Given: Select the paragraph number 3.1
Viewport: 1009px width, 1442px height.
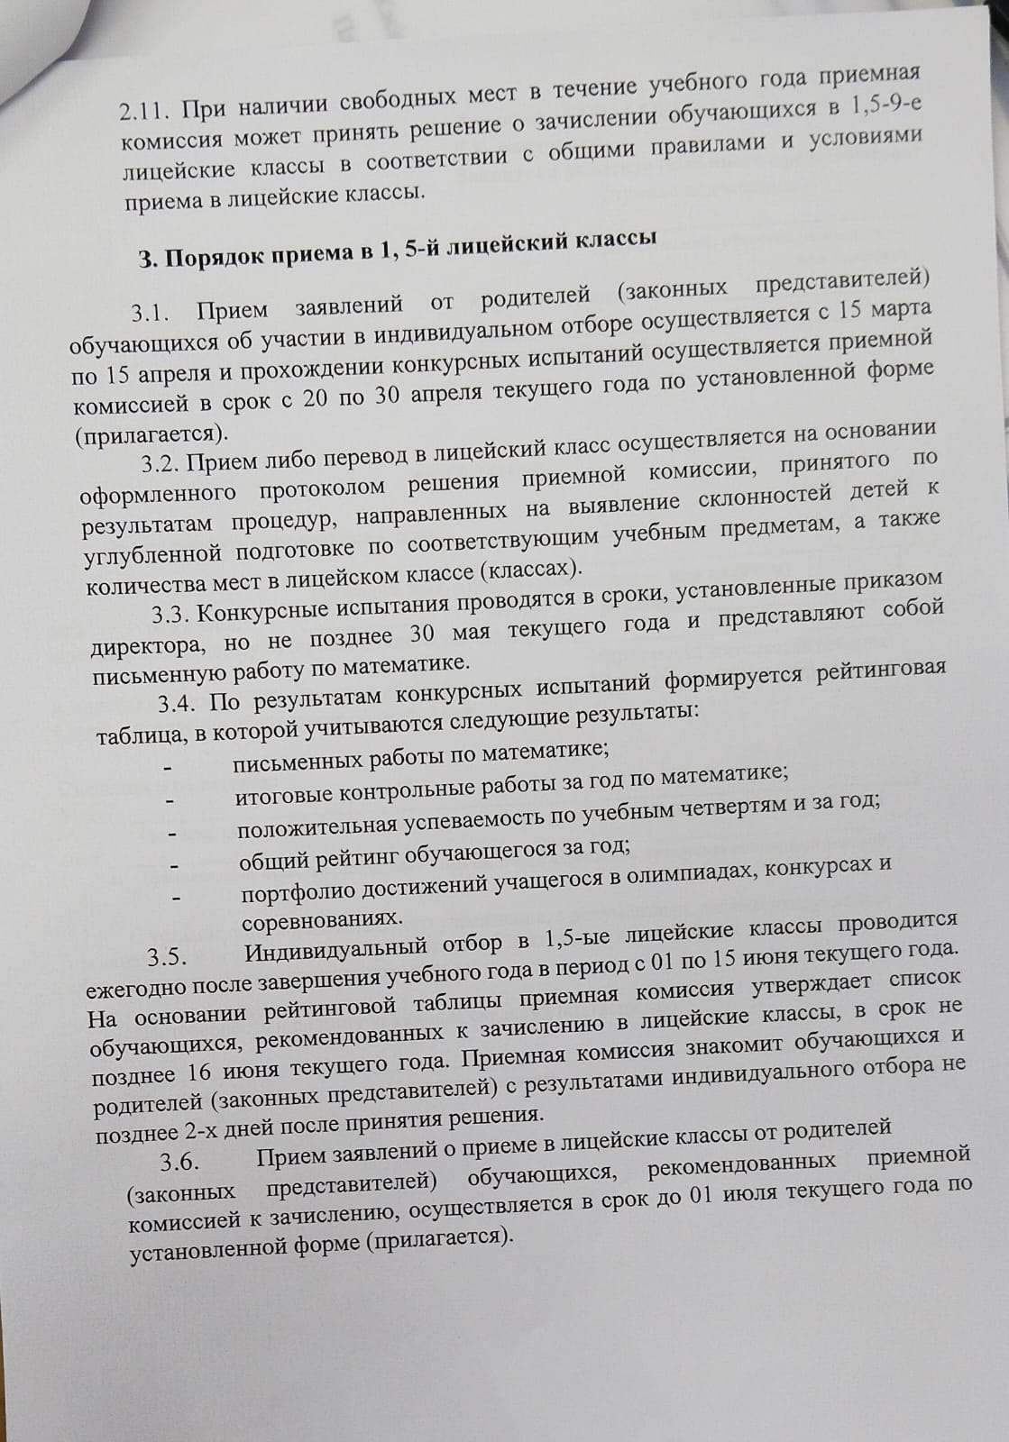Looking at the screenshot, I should (151, 314).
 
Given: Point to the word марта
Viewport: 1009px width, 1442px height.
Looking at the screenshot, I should (901, 308).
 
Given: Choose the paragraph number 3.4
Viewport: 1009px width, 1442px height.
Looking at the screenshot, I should (181, 703).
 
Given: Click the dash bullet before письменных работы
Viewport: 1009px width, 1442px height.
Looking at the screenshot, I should (167, 767).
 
